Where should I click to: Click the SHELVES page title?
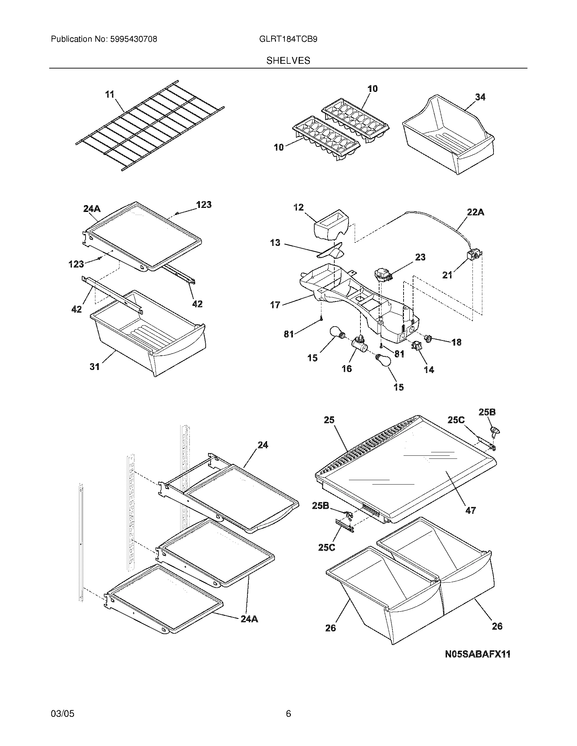coord(288,61)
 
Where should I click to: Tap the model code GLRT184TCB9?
coord(288,39)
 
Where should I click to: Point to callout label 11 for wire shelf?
coord(110,94)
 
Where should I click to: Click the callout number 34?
coord(480,97)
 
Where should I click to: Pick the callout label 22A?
coord(476,212)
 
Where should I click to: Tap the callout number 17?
coord(275,305)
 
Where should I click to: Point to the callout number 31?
coord(95,367)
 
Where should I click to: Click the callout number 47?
coord(471,510)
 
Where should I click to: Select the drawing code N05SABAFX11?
coord(478,654)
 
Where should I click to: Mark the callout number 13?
coord(275,242)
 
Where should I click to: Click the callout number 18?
coord(456,342)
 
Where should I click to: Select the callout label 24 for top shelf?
coord(262,445)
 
